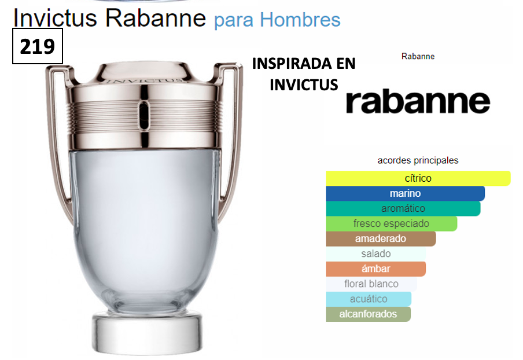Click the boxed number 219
[x=38, y=46]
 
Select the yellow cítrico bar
[x=418, y=178]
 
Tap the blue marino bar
[x=405, y=193]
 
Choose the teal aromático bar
[x=403, y=208]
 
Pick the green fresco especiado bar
[x=391, y=223]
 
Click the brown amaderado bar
[x=381, y=238]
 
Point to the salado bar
[x=375, y=254]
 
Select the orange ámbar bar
[x=375, y=269]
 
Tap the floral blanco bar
[x=371, y=284]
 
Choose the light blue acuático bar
[x=369, y=299]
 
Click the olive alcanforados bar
[x=368, y=314]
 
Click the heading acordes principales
[x=418, y=160]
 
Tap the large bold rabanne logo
[x=418, y=101]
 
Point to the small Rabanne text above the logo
[x=418, y=56]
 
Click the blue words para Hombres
[x=277, y=20]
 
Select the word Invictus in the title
[x=56, y=18]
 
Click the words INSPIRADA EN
[x=304, y=64]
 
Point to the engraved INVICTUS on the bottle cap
[x=145, y=80]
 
